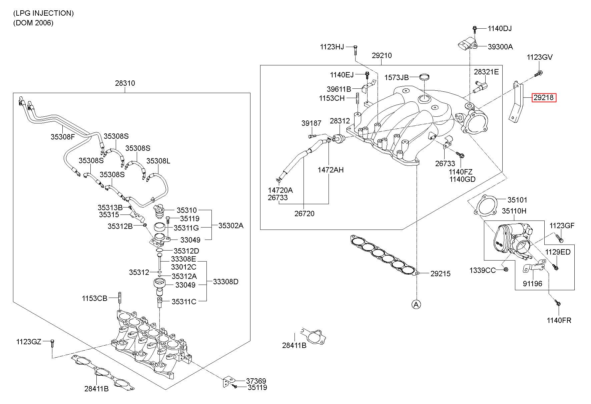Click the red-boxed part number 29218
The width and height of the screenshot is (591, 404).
click(x=544, y=98)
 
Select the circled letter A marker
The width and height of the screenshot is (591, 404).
click(x=416, y=304)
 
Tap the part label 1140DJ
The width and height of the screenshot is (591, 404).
click(x=500, y=29)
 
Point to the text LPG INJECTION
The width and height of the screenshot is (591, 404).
click(x=43, y=13)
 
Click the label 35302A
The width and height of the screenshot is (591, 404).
click(x=231, y=226)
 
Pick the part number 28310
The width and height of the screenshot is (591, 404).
click(x=125, y=83)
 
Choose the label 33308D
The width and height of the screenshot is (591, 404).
click(x=226, y=282)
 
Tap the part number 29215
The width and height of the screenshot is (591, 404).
click(x=440, y=274)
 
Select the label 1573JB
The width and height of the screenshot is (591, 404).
click(x=397, y=77)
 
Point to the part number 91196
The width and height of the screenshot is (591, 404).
click(x=533, y=284)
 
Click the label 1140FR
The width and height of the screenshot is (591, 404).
click(x=559, y=321)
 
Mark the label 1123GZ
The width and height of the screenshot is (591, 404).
click(x=29, y=342)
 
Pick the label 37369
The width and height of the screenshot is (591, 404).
click(x=256, y=381)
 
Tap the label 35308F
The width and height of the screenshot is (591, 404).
click(x=63, y=136)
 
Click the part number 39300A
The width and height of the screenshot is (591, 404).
click(x=500, y=47)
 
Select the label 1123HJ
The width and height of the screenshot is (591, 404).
click(x=332, y=47)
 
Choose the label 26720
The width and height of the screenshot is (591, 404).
click(x=304, y=214)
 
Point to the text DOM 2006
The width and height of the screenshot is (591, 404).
click(x=33, y=23)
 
